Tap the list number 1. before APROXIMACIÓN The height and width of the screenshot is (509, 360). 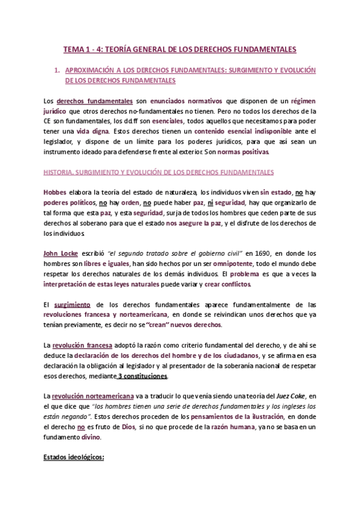[57, 70]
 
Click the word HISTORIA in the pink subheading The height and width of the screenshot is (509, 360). [59, 172]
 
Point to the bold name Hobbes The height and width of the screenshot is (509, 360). [56, 192]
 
